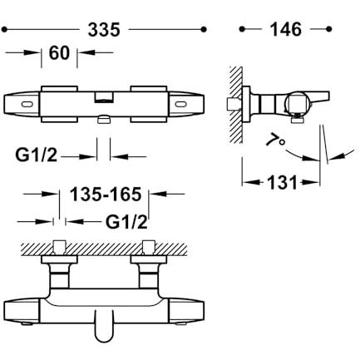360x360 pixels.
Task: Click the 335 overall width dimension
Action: click(x=104, y=30)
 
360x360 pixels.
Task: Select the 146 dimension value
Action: click(x=286, y=29)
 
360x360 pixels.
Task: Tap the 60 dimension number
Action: click(x=59, y=52)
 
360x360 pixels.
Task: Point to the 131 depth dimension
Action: click(x=282, y=182)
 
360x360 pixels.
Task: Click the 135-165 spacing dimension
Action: click(x=106, y=194)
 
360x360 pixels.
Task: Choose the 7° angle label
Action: click(x=275, y=140)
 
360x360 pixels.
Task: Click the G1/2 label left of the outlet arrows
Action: click(x=36, y=155)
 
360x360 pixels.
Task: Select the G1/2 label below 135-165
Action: click(x=126, y=222)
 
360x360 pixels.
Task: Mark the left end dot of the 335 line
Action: click(x=4, y=29)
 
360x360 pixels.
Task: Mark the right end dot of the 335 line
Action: click(x=204, y=29)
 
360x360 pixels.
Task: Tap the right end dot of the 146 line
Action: click(x=329, y=29)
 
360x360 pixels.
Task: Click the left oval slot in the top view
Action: click(x=27, y=104)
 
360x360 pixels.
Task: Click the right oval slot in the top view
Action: click(x=181, y=104)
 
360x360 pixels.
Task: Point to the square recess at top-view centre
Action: click(x=104, y=97)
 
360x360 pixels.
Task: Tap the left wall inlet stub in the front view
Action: click(x=59, y=247)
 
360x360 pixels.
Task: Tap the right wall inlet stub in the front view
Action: click(x=148, y=247)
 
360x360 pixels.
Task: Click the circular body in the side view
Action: click(x=298, y=105)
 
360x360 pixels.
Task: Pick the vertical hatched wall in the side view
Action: click(x=236, y=105)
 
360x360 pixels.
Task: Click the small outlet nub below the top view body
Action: click(x=104, y=120)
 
